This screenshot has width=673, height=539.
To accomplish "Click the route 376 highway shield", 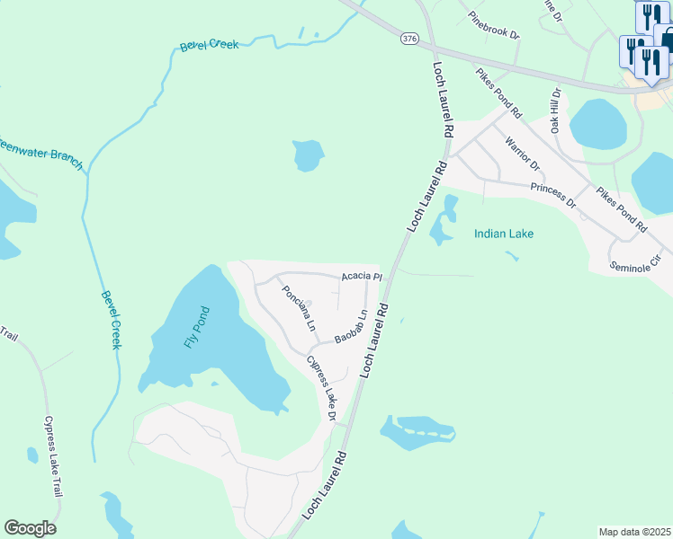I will point(409,38).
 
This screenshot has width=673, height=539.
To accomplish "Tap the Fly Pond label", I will point(196,328).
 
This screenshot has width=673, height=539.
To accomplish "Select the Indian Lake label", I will point(504,234).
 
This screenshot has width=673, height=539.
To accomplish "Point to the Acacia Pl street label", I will point(362,277).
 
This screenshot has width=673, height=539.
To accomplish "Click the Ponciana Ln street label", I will point(296,306).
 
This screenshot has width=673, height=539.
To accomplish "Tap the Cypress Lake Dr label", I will point(321,389).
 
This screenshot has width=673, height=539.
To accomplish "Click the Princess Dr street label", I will point(552,195).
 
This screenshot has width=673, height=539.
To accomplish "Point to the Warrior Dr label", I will point(522,154).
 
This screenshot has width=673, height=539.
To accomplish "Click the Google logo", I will point(30,528).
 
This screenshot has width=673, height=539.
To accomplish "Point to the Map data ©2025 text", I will point(634,532).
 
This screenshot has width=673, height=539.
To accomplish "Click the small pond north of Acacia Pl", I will point(308,155).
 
